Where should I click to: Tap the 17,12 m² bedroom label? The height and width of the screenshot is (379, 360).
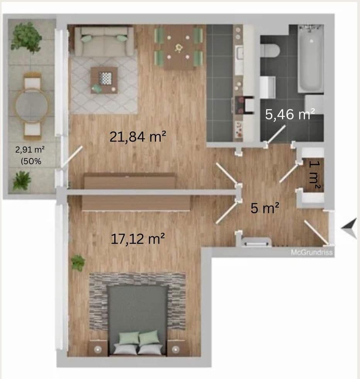138,239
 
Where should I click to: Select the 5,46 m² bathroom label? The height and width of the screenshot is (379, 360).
290,114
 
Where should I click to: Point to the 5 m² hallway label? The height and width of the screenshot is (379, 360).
265,209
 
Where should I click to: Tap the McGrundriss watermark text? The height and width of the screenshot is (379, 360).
311,253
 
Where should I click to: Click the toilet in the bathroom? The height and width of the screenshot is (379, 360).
270,50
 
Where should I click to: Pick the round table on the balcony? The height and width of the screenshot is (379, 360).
32,105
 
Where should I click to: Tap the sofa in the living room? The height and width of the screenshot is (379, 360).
104,41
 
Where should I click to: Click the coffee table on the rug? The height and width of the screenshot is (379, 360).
104,80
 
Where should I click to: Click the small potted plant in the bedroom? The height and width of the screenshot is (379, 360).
78,263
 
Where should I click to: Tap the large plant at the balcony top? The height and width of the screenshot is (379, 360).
26,37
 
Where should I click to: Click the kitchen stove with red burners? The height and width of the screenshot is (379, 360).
243,104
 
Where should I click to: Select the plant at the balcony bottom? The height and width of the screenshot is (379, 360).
22,181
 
